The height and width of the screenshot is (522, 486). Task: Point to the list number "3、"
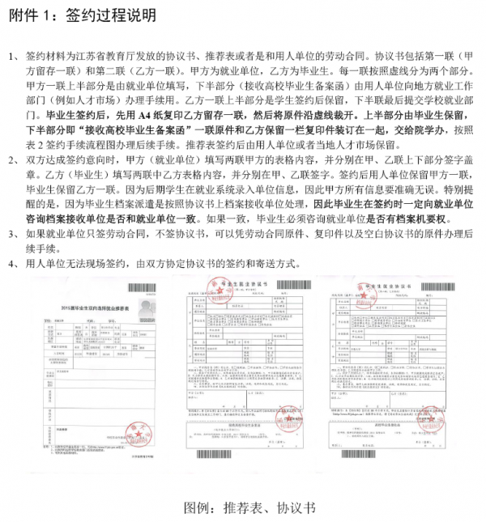(15, 234)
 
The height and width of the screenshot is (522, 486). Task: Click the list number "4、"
(15, 263)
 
